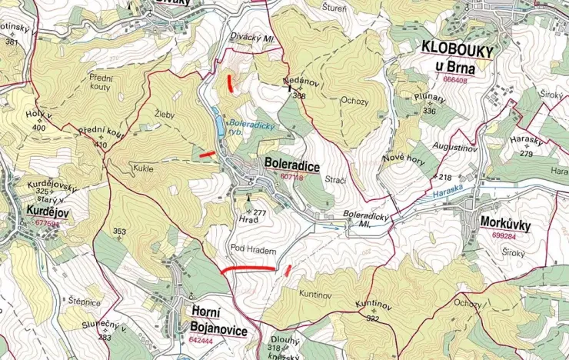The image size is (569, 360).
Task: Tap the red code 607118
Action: point(292,177)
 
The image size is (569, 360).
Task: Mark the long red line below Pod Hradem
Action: point(248,269)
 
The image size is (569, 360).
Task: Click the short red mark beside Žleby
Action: point(207,155)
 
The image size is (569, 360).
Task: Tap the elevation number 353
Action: point(119,231)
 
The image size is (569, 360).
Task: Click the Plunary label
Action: point(429,99)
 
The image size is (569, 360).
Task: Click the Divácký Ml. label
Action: point(252,35)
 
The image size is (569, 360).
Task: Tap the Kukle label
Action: point(144,169)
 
